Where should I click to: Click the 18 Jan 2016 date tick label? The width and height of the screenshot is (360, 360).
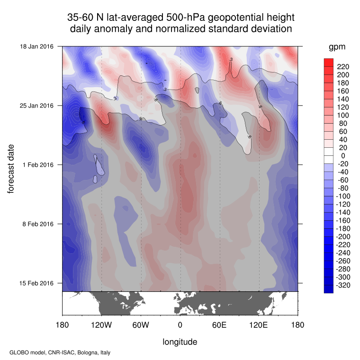pos(36,46)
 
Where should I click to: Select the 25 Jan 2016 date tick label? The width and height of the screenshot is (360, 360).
pos(36,106)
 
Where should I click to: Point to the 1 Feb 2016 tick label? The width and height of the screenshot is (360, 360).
pos(38,165)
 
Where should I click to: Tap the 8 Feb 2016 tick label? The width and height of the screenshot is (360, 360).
pos(38,224)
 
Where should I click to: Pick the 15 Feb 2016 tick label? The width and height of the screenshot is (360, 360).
pos(36,283)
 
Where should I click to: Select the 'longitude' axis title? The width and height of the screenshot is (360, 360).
pos(180,342)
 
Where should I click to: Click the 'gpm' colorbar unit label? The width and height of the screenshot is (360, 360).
pos(337,47)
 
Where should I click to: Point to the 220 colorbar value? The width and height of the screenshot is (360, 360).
pos(342,67)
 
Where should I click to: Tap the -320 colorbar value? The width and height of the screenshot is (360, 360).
pos(343,285)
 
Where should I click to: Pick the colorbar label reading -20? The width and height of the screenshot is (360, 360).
pos(342,163)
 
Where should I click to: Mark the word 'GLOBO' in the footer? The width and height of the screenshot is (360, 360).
pos(18,353)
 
